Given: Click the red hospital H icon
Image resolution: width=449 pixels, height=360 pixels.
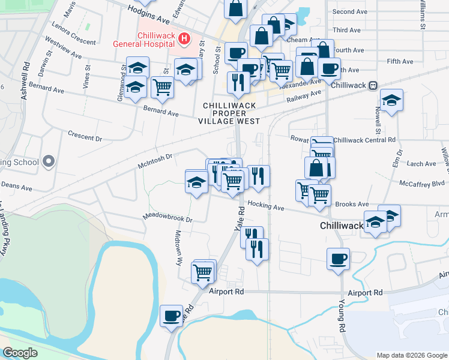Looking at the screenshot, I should pos(185,40).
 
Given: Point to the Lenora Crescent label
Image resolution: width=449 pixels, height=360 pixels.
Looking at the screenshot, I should pos(74,34).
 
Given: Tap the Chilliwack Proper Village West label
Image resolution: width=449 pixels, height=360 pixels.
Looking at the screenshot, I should pos(230,113).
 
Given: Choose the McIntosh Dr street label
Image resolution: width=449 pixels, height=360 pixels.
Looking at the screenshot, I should pos(155,159).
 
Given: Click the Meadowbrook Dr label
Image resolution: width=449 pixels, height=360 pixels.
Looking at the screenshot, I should pos(167,217).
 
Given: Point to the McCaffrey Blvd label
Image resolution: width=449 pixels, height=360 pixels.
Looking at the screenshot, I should pos(422,183).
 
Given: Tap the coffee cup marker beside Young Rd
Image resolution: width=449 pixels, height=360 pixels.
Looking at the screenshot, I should pos(339,259).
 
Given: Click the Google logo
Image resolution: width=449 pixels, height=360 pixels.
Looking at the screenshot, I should pos(20,353).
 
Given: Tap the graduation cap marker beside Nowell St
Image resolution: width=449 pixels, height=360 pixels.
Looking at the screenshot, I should pos(391,100).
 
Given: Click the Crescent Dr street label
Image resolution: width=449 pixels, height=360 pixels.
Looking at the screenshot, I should pos(85,136).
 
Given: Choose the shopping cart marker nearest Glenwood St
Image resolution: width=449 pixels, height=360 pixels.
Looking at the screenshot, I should pos(162,87).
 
